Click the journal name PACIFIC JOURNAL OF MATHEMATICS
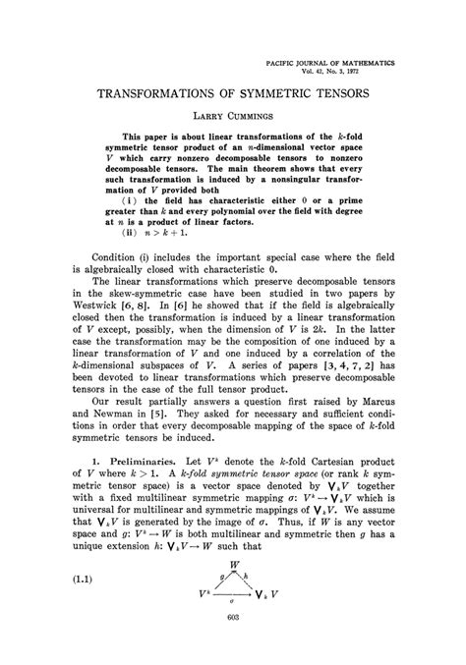pyautogui.click(x=331, y=61)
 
